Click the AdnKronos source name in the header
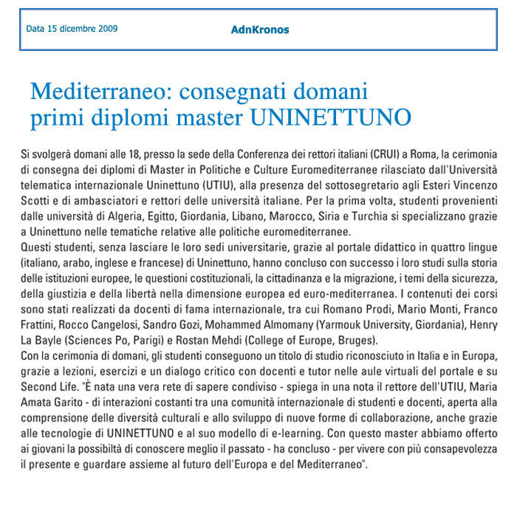pos(259,30)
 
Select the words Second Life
pos(46,380)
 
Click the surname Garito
pos(79,394)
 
